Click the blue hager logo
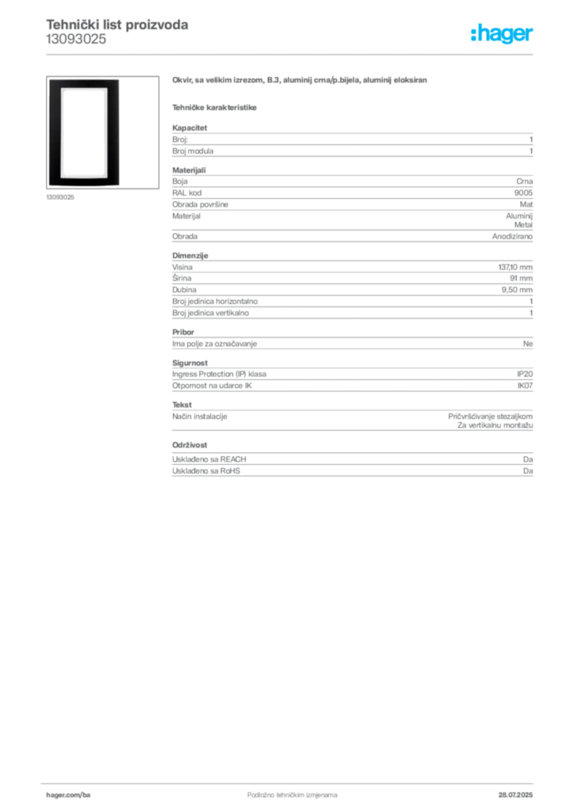pyautogui.click(x=503, y=35)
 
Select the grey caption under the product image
pyautogui.click(x=60, y=197)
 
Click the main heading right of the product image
pyautogui.click(x=301, y=81)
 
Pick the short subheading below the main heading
pyautogui.click(x=216, y=107)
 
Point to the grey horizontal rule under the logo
pyautogui.click(x=317, y=54)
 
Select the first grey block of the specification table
pyautogui.click(x=351, y=141)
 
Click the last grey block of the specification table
pyautogui.click(x=351, y=466)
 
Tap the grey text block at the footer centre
pyautogui.click(x=281, y=790)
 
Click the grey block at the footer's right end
pyautogui.click(x=517, y=790)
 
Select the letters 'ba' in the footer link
pyautogui.click(x=87, y=794)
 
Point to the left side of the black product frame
pyautogui.click(x=53, y=131)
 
